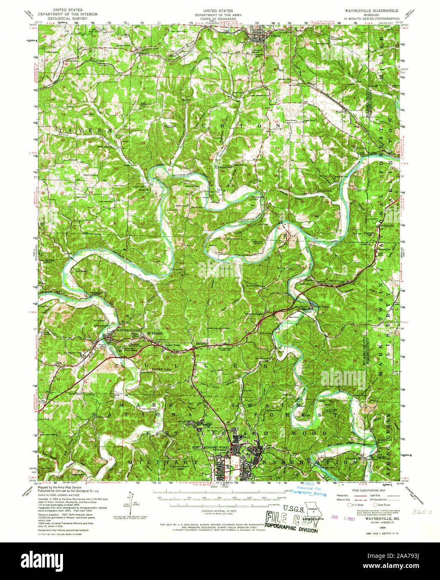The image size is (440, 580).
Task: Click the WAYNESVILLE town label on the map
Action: pyautogui.click(x=118, y=329)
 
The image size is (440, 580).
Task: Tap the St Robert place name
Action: pyautogui.click(x=154, y=333)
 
